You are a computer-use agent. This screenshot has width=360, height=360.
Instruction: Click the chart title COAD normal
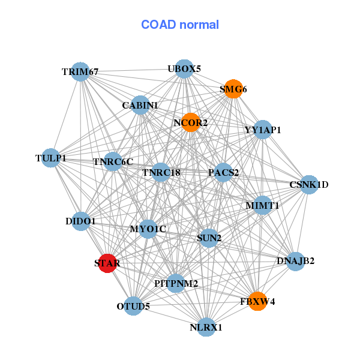[180, 25]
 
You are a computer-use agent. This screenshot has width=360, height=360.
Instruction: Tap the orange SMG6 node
[233, 89]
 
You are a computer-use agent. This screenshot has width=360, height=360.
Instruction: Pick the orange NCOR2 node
[191, 123]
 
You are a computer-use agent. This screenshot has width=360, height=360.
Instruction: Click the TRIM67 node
[80, 72]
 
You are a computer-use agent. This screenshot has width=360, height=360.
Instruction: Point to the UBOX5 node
[184, 69]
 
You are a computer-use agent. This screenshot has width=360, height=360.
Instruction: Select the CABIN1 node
[140, 105]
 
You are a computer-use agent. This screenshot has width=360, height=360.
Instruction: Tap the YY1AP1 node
[263, 130]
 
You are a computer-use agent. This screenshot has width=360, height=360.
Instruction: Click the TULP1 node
[51, 158]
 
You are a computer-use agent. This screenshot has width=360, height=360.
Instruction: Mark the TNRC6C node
[113, 161]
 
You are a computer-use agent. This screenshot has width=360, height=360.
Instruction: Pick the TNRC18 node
[161, 173]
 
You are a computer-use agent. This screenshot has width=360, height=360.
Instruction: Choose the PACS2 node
[223, 173]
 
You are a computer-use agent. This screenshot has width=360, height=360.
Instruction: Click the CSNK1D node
[308, 185]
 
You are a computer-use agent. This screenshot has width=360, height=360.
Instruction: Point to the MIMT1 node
[262, 205]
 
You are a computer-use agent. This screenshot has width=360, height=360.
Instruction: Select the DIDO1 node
[80, 221]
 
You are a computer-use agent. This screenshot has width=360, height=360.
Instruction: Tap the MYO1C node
[148, 229]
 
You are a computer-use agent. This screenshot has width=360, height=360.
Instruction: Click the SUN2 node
[209, 238]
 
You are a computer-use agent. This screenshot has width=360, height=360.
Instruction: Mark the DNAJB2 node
[295, 261]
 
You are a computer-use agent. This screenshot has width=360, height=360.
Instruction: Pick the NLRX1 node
[206, 327]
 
